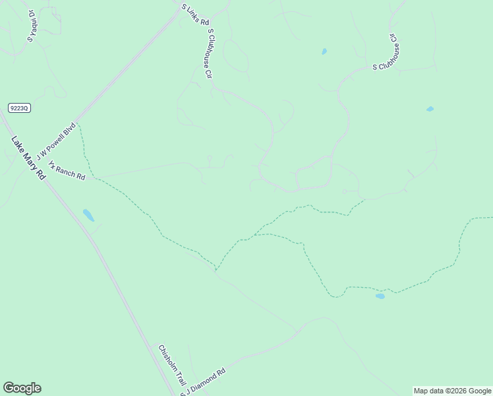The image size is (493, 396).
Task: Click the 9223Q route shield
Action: point(20,108)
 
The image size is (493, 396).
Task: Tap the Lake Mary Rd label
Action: point(29,158)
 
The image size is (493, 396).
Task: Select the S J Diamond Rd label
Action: point(204,381)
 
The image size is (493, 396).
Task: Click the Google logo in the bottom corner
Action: point(22,388)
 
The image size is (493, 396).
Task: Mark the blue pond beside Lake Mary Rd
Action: point(88,215)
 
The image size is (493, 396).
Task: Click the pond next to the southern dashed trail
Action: point(380,296)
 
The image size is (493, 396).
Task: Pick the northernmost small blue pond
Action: point(324,51)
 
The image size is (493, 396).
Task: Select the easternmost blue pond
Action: point(430,109)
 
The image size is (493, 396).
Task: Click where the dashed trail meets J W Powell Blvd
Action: point(78,123)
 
